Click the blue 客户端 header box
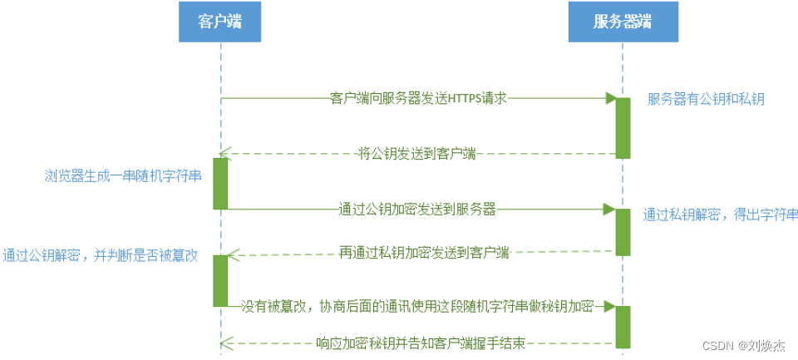(220, 22)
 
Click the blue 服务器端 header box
(622, 22)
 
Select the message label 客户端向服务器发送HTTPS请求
(418, 98)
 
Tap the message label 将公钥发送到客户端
(416, 153)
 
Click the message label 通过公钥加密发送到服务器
(417, 209)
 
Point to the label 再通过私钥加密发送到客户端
(424, 251)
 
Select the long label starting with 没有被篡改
(417, 306)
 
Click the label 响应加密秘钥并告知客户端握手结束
(421, 343)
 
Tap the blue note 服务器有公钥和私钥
(706, 99)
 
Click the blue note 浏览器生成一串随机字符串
(122, 176)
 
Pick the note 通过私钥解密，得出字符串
(720, 214)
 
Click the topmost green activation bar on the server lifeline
(623, 127)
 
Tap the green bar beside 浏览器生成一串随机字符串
(220, 183)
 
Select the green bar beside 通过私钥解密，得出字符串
(623, 230)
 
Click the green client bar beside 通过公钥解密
(220, 280)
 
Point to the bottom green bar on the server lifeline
(623, 326)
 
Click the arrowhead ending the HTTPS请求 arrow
(610, 98)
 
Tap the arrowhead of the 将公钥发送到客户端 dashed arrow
(224, 153)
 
